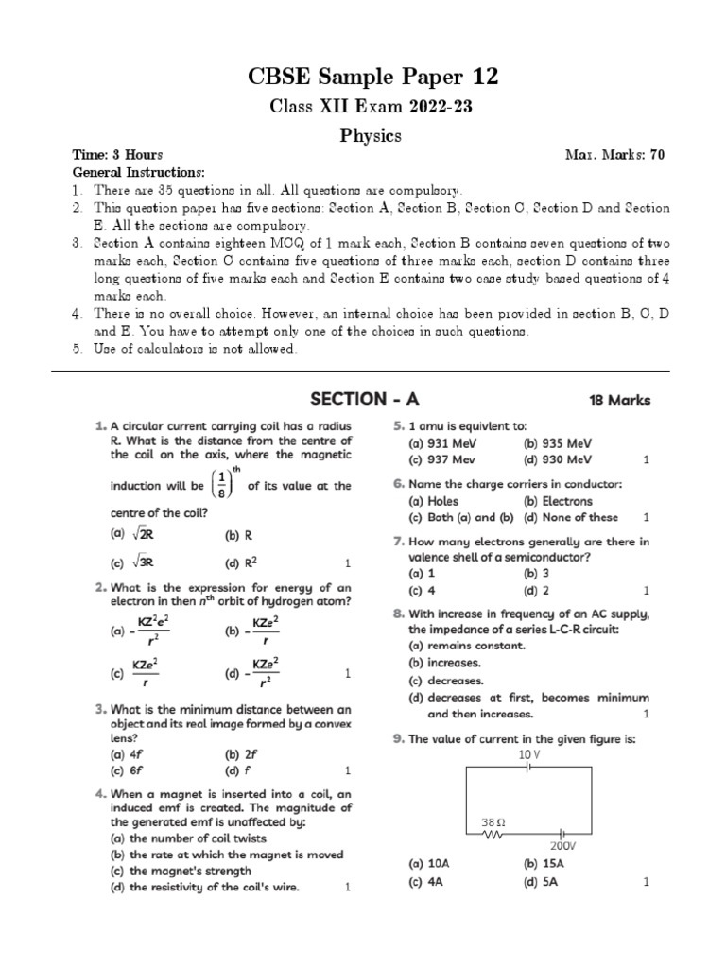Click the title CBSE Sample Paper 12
(371, 76)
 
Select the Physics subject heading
(371, 136)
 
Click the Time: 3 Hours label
(118, 154)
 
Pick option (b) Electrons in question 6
(558, 501)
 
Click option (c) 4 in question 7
(422, 590)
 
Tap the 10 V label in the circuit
(529, 754)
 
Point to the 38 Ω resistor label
(493, 822)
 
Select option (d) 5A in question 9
(544, 882)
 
